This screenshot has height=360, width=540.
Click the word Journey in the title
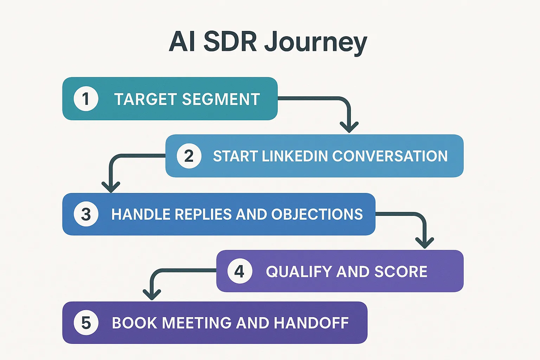pyautogui.click(x=315, y=42)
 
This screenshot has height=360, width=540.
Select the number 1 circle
pyautogui.click(x=86, y=99)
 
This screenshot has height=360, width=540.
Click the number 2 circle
pyautogui.click(x=189, y=156)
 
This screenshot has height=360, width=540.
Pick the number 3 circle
pyautogui.click(x=86, y=214)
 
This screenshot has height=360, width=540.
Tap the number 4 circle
pyautogui.click(x=240, y=271)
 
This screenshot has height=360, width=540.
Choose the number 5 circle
pyautogui.click(x=86, y=323)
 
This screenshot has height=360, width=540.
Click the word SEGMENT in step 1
pyautogui.click(x=221, y=99)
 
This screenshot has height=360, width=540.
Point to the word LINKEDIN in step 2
pyautogui.click(x=295, y=156)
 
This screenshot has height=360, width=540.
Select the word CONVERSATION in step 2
pyautogui.click(x=390, y=156)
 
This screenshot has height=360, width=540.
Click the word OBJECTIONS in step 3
pyautogui.click(x=317, y=214)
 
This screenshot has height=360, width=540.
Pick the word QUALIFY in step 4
pyautogui.click(x=298, y=271)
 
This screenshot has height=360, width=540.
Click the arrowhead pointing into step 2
pyautogui.click(x=349, y=127)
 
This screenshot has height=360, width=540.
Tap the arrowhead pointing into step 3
pyautogui.click(x=111, y=187)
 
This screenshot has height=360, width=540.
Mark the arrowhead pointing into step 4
pyautogui.click(x=425, y=243)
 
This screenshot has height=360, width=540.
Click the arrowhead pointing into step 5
pyautogui.click(x=152, y=294)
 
